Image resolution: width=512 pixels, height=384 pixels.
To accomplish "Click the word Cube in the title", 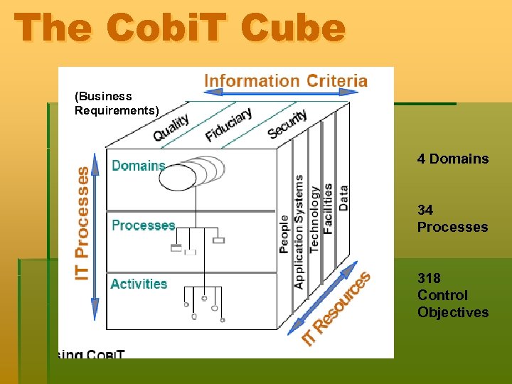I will (293, 28).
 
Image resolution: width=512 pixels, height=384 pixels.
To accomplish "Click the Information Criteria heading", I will (286, 80).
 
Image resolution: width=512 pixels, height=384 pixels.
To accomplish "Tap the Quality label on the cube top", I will (171, 127).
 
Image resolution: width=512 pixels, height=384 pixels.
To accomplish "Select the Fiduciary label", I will (228, 124).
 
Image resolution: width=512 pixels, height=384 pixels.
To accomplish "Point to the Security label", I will (287, 124).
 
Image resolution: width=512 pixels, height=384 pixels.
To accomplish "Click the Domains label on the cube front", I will (139, 166).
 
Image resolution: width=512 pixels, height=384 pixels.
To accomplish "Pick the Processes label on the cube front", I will (143, 225).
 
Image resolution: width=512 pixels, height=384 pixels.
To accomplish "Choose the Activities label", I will (139, 284).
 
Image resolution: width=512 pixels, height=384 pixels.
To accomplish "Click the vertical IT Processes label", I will (82, 223).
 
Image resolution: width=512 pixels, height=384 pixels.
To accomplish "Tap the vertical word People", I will (284, 234).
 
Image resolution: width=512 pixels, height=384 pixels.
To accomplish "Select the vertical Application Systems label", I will (299, 231).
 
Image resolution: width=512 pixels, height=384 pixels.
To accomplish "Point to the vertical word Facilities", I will (328, 208).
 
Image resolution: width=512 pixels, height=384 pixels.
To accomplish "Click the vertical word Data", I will (343, 197).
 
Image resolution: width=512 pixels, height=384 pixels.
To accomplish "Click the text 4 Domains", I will (453, 159).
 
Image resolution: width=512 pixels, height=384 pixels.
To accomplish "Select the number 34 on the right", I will (425, 210).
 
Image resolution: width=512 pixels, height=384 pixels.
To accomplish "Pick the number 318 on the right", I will (429, 278).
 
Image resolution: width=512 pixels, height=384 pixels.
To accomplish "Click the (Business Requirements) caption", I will (117, 102).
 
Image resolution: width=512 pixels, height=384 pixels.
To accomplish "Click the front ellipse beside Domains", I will (178, 176).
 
